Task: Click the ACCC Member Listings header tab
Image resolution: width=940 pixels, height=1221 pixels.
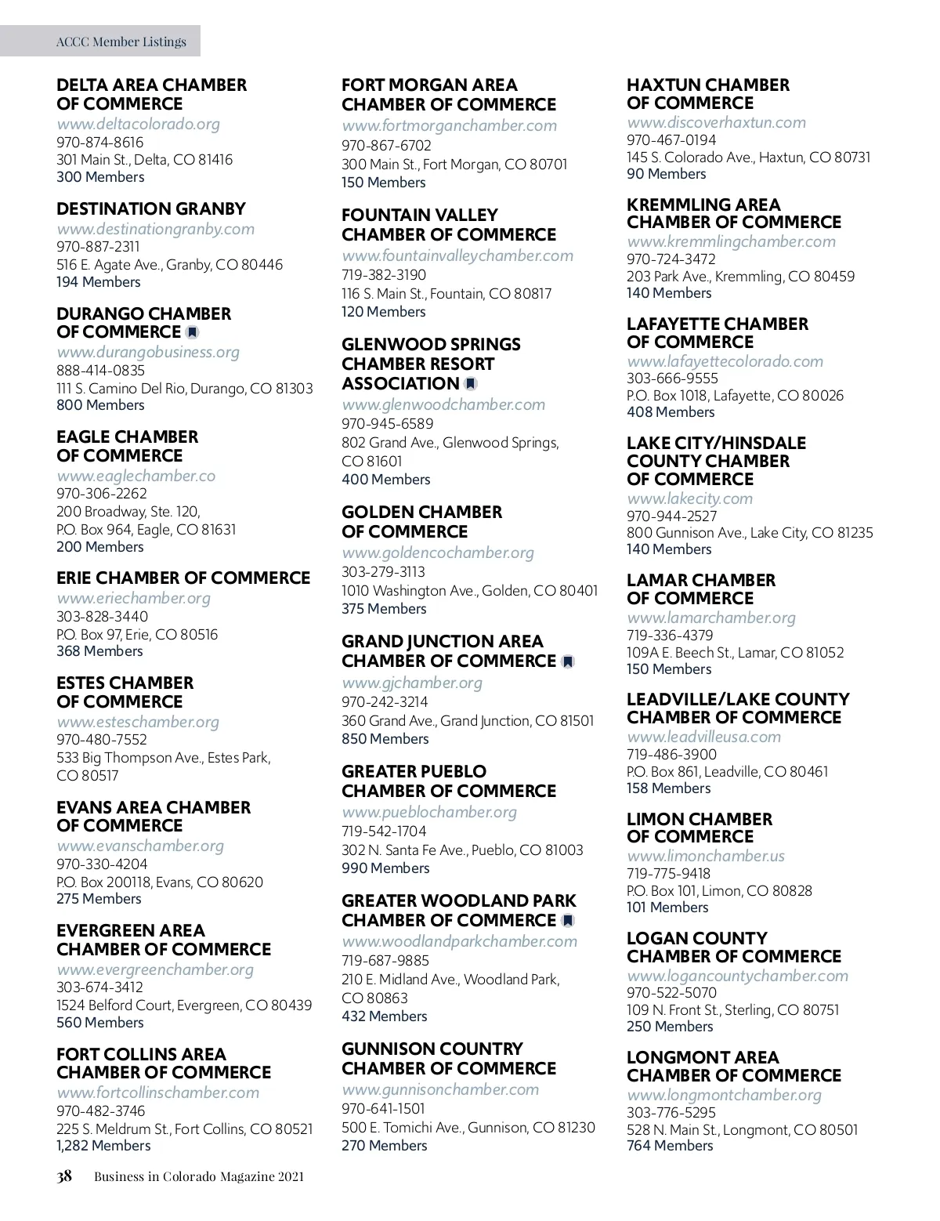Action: click(121, 42)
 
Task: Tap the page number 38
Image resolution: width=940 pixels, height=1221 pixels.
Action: click(64, 1176)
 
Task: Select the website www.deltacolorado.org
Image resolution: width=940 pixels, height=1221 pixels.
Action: click(138, 124)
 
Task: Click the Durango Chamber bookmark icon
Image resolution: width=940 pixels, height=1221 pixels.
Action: click(192, 332)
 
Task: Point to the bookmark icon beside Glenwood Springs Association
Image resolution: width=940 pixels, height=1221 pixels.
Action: click(470, 384)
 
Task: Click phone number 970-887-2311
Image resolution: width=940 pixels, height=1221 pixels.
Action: click(98, 247)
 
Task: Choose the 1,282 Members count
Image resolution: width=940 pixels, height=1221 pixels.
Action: click(103, 1146)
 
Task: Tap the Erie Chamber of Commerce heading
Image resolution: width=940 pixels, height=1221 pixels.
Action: click(183, 578)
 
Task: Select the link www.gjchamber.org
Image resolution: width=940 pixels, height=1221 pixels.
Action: click(412, 683)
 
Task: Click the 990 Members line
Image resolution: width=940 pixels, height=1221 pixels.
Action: click(385, 868)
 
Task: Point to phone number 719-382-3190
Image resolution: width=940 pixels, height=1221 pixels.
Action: click(384, 275)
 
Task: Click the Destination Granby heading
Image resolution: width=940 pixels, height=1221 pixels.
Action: click(151, 209)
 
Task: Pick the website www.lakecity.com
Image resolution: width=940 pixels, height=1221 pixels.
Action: click(689, 498)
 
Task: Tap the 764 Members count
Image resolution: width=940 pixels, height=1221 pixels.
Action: click(670, 1146)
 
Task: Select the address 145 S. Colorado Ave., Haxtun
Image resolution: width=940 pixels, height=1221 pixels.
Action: click(748, 158)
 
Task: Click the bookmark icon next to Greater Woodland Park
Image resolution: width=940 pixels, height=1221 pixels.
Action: click(568, 921)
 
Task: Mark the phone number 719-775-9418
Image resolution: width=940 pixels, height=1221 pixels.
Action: click(668, 874)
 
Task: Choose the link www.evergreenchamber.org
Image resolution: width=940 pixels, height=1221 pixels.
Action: click(155, 969)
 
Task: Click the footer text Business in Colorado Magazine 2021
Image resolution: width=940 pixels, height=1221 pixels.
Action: click(199, 1176)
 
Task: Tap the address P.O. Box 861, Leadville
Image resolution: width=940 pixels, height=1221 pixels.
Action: click(727, 772)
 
